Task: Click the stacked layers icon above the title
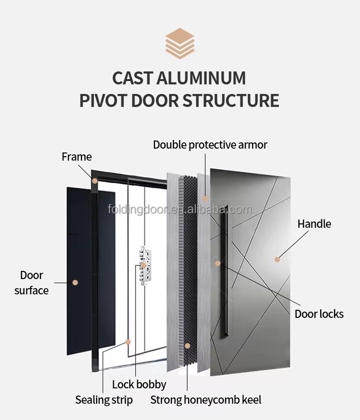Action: point(180,44)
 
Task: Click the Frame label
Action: point(76,157)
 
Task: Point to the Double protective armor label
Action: point(210,144)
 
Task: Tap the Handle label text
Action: point(314,223)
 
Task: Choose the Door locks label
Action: point(319,314)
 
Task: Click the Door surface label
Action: point(32,283)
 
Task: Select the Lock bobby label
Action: point(139,384)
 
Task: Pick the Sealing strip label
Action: point(104,400)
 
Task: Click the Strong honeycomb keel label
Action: point(205,400)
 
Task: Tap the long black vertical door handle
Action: point(224,273)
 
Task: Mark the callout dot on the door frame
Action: point(95,181)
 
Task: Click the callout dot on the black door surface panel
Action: point(75,282)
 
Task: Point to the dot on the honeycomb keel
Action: point(187,345)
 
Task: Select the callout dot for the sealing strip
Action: point(128,342)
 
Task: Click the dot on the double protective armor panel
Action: point(205,198)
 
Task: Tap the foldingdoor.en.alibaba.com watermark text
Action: point(180,210)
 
